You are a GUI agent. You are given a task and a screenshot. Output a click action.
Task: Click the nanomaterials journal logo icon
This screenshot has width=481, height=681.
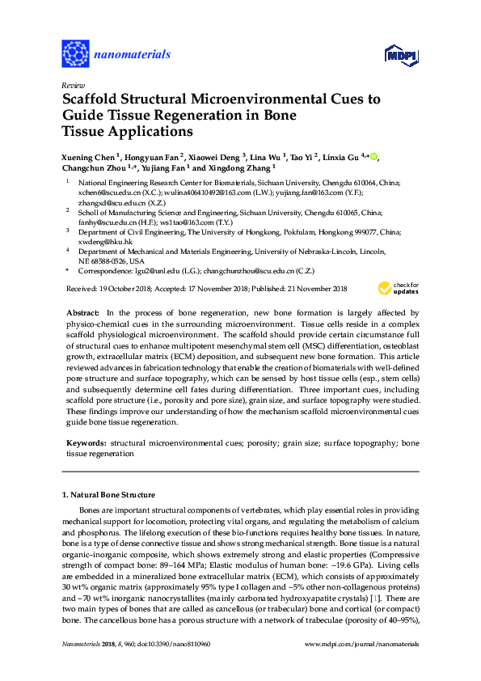pyautogui.click(x=75, y=53)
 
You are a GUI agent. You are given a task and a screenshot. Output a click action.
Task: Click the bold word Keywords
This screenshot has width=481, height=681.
pyautogui.click(x=84, y=443)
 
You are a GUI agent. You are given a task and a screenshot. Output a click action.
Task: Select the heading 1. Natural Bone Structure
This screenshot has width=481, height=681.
pyautogui.click(x=109, y=493)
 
